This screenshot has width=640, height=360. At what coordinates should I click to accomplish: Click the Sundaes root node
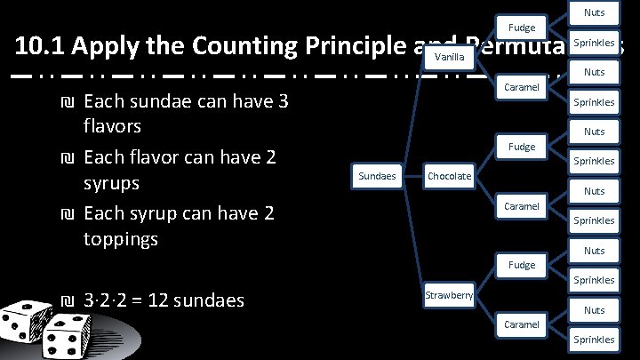[377, 176]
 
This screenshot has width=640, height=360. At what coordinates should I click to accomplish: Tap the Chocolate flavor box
[449, 176]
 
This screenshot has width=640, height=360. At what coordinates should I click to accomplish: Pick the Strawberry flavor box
[449, 294]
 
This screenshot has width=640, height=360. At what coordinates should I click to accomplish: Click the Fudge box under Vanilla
[522, 28]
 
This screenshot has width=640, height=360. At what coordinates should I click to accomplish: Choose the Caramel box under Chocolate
[522, 206]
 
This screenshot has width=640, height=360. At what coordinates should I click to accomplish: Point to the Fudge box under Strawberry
[522, 265]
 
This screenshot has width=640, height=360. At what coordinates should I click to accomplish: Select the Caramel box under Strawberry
[522, 324]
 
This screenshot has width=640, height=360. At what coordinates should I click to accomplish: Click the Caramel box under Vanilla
[522, 87]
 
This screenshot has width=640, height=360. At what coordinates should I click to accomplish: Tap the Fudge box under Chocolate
[522, 147]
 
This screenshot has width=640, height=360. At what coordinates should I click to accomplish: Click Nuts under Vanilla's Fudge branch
[594, 12]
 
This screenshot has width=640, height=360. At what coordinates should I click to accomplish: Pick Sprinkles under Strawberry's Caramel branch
[594, 340]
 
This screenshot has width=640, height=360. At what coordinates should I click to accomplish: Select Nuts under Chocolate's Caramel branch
[594, 191]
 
